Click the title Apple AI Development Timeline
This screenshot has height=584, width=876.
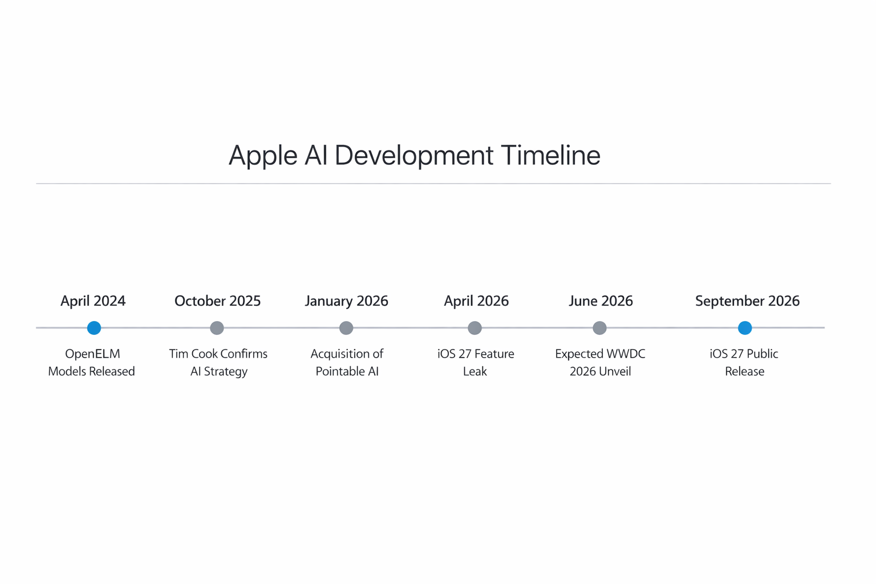pyautogui.click(x=415, y=155)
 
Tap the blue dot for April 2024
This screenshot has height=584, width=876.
pyautogui.click(x=94, y=328)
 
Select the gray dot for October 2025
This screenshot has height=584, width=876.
pyautogui.click(x=217, y=328)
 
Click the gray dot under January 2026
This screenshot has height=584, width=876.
pyautogui.click(x=346, y=328)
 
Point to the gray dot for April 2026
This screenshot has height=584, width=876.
pyautogui.click(x=474, y=328)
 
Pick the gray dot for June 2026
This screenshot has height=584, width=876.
pyautogui.click(x=599, y=328)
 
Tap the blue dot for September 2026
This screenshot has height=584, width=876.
pyautogui.click(x=745, y=328)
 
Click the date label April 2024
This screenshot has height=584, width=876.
pyautogui.click(x=93, y=301)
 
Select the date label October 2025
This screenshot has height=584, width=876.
pyautogui.click(x=217, y=301)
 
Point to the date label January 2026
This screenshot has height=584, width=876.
pyautogui.click(x=346, y=301)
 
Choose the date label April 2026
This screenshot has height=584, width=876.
pyautogui.click(x=476, y=301)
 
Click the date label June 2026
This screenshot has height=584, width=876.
pyautogui.click(x=601, y=301)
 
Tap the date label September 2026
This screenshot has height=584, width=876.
pyautogui.click(x=747, y=301)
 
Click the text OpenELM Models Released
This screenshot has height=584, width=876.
pyautogui.click(x=92, y=363)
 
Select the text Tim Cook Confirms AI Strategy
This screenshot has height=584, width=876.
pyautogui.click(x=218, y=363)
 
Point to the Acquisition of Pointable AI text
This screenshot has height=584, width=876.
pyautogui.click(x=347, y=363)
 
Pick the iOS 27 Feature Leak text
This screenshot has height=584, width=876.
pyautogui.click(x=476, y=363)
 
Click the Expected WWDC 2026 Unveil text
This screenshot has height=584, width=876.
pyautogui.click(x=600, y=363)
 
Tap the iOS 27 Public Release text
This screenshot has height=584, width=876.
pyautogui.click(x=744, y=363)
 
